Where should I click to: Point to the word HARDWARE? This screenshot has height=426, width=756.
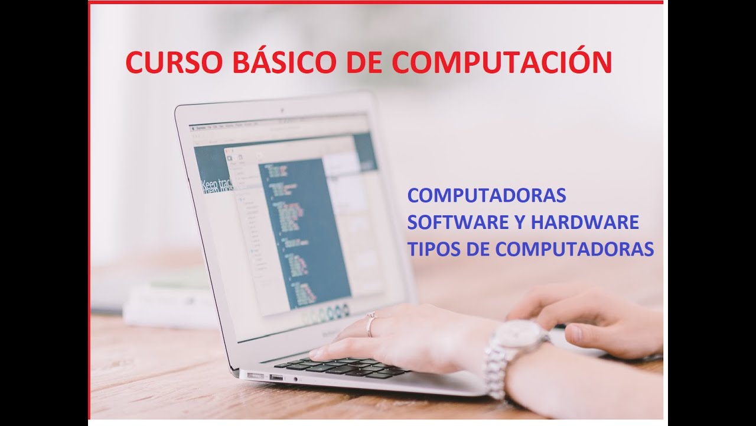tap(585, 222)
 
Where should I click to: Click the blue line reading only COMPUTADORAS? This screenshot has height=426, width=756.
tap(487, 195)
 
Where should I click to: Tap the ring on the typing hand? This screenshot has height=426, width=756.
tap(371, 322)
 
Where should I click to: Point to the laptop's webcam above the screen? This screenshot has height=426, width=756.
tap(282, 109)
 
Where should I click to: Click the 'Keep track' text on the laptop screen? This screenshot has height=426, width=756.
tap(216, 186)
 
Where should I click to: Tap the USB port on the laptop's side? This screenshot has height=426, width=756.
tap(276, 377)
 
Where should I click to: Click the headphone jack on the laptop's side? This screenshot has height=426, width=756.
tap(295, 379)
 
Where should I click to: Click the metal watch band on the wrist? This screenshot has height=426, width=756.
tap(495, 373)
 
